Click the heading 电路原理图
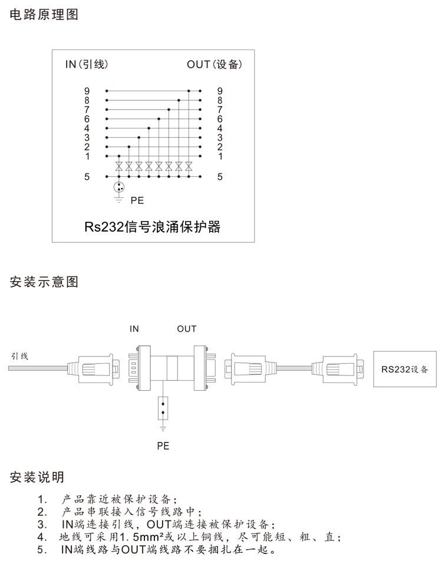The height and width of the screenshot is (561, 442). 44,15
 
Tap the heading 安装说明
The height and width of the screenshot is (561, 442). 37,477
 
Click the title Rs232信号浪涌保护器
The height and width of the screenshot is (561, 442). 152,227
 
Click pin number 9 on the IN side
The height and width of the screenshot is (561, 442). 87,91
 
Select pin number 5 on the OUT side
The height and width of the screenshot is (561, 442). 220,176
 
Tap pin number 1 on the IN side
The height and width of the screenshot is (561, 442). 87,156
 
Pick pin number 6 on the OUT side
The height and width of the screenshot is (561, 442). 220,119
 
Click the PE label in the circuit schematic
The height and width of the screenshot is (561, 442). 137,200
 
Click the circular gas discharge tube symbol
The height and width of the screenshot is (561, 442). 119,187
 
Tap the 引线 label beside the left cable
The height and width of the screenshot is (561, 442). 19,356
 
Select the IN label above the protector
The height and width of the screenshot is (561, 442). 134,329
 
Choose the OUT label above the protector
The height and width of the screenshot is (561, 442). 186,329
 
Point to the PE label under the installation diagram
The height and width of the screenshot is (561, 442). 163,446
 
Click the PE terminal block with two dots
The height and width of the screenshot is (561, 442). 163,407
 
